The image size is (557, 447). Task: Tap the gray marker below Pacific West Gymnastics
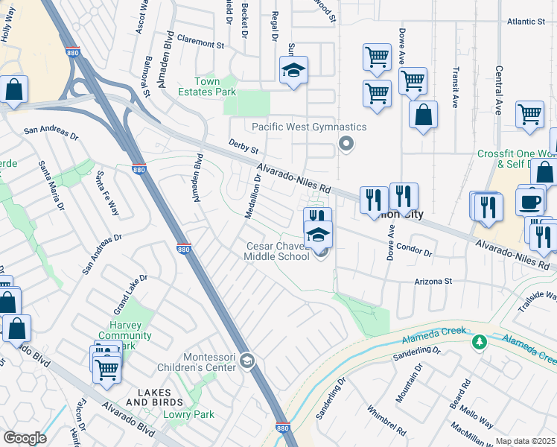344,143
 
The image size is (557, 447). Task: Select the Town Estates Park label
215,86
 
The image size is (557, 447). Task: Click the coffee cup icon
530,202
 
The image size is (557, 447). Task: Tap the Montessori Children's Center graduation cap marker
247,362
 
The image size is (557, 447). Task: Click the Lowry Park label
190,414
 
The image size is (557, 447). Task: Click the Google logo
25,437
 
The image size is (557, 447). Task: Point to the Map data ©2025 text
525,441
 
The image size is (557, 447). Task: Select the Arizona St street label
433,282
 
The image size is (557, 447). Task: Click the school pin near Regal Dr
293,72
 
